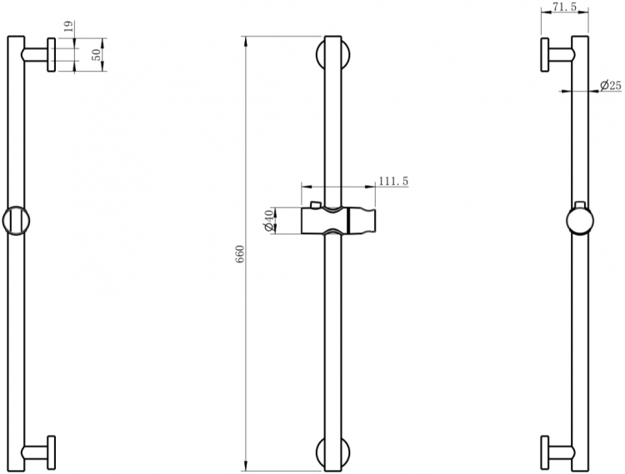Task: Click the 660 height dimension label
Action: coord(239,254)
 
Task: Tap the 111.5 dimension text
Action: coord(393,182)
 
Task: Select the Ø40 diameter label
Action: coord(268,221)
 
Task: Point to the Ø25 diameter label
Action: coord(611,85)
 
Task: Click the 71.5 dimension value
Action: coord(565,7)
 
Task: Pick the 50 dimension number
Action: coord(97,55)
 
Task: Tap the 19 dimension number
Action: coord(68,27)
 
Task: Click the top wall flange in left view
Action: coord(52,55)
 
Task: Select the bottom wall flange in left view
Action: coord(52,452)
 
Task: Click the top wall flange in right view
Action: coord(544,55)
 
